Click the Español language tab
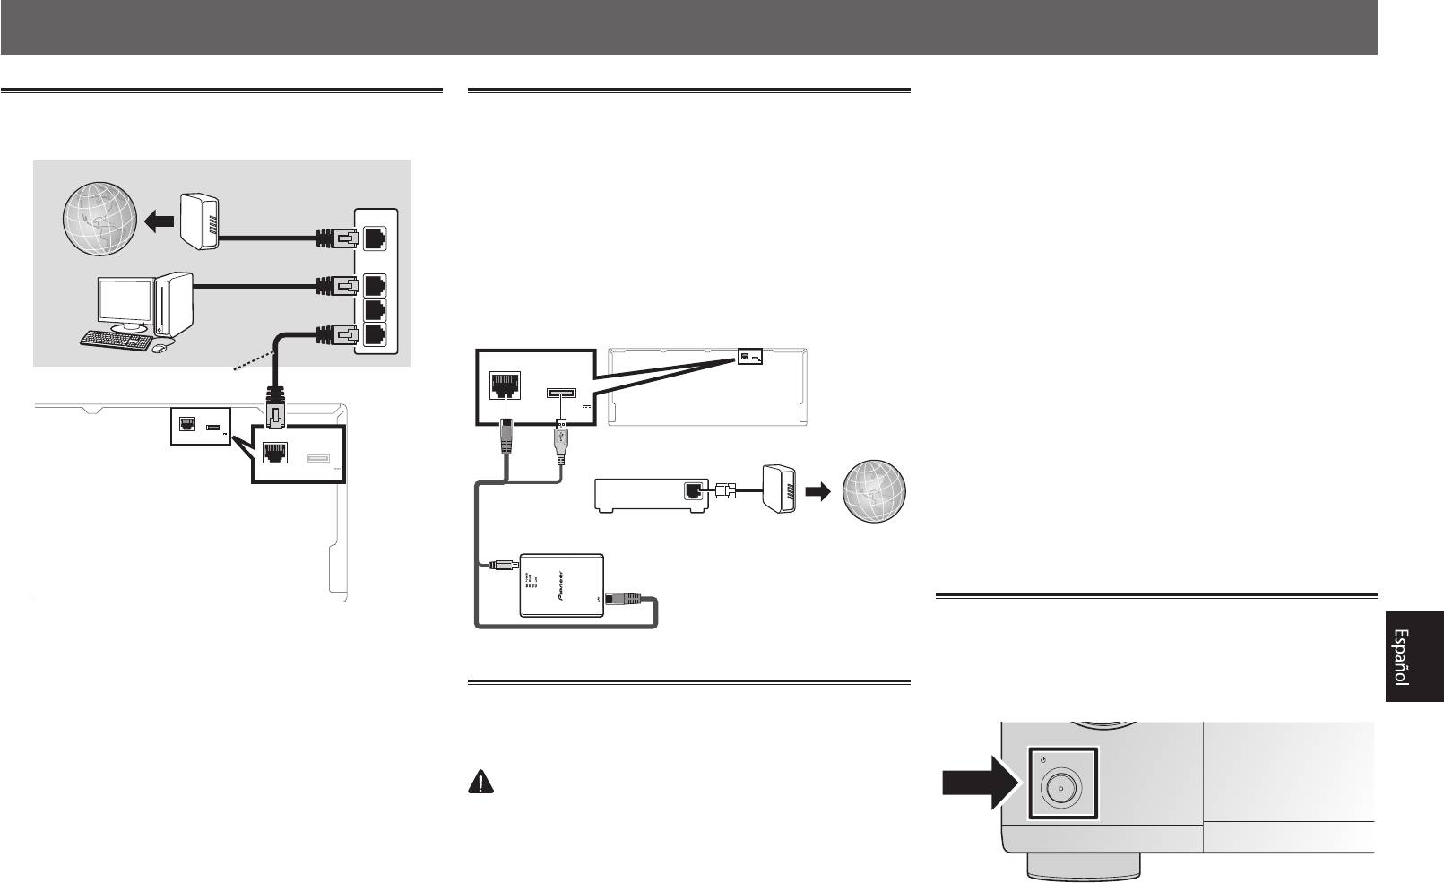click(1413, 658)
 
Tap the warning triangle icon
click(481, 782)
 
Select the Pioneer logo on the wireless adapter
click(564, 587)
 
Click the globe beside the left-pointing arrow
click(99, 216)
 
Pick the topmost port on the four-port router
click(376, 238)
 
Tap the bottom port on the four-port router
click(376, 335)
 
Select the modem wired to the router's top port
click(198, 221)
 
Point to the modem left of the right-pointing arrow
click(777, 489)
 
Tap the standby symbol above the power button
click(1046, 760)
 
